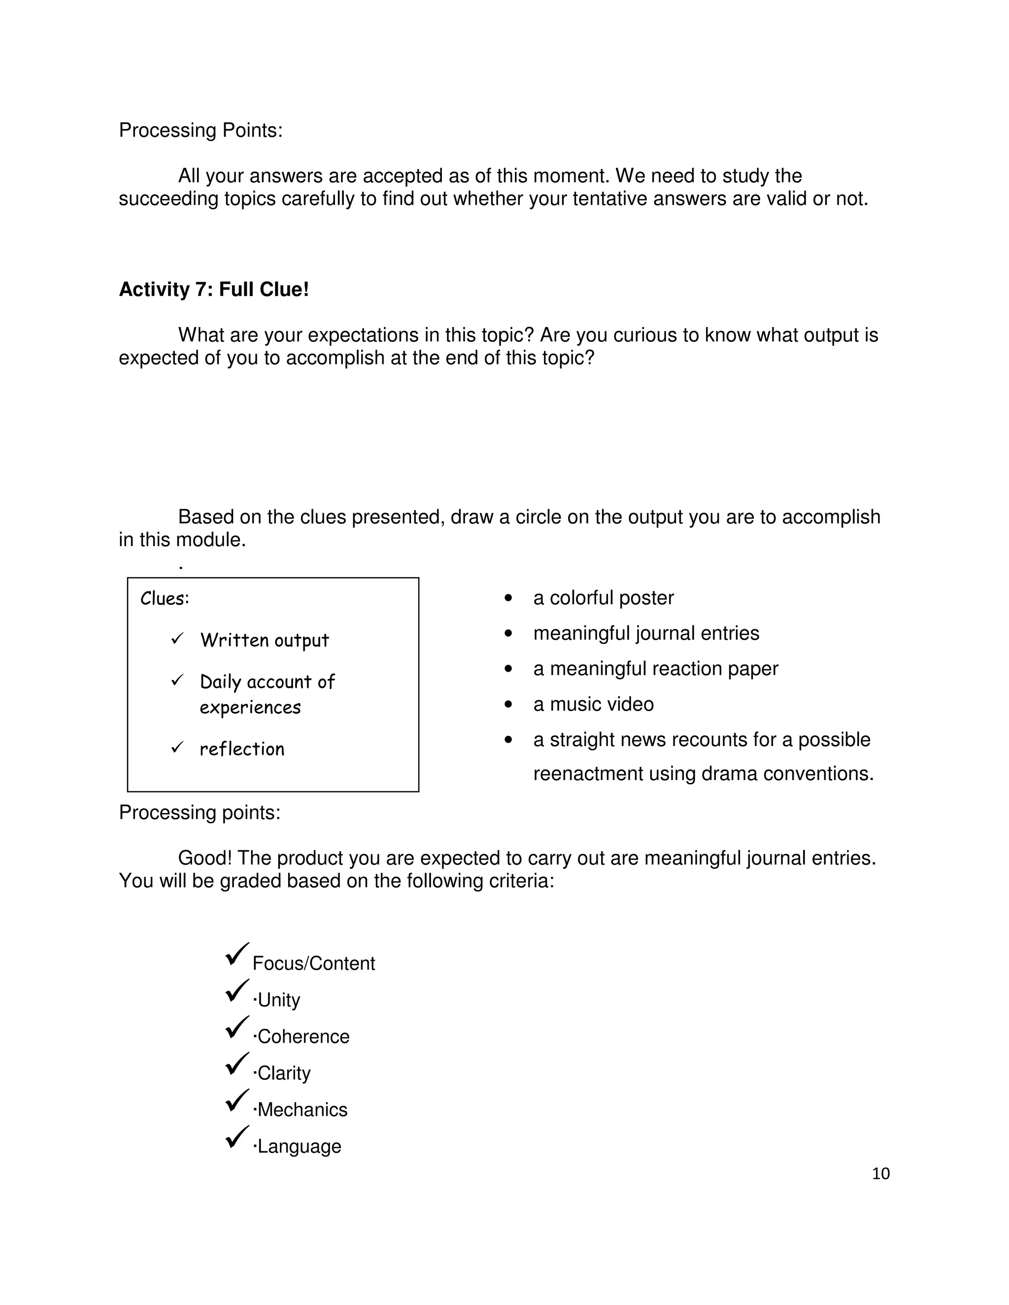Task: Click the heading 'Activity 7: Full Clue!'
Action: (x=214, y=289)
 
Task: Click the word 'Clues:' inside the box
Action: (x=165, y=598)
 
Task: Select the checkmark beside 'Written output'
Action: (x=177, y=639)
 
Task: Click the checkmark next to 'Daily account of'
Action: (x=177, y=680)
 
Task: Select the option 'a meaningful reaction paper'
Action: (x=655, y=668)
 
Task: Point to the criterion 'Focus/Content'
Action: (x=313, y=963)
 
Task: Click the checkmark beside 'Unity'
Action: (x=236, y=991)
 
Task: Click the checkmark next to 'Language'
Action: (x=236, y=1138)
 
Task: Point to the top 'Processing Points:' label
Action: (x=200, y=130)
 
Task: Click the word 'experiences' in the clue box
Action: (x=250, y=708)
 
